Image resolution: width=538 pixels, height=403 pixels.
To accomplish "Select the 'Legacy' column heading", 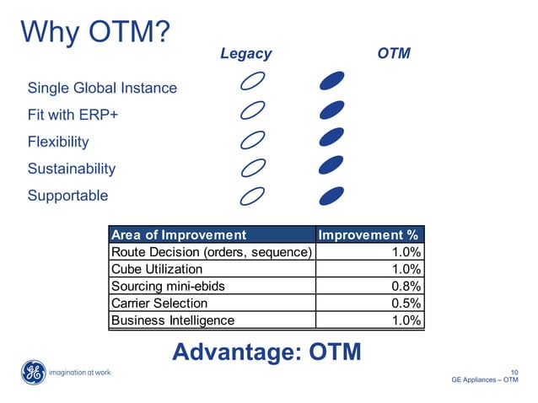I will click(x=245, y=54).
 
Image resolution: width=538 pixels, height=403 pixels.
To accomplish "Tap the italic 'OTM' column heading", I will click(x=394, y=54).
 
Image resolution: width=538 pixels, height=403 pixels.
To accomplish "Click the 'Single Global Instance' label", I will click(x=102, y=88).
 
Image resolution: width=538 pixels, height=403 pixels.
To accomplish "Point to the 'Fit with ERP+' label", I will click(x=79, y=115).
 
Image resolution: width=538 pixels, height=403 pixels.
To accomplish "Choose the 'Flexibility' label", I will click(x=58, y=142).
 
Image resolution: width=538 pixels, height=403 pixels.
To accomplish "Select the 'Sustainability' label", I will click(x=72, y=169).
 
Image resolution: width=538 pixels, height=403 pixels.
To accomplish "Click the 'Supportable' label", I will click(x=68, y=196).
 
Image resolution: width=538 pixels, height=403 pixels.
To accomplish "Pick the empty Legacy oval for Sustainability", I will click(x=253, y=168).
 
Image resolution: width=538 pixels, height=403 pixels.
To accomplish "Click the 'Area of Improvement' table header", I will click(x=180, y=234).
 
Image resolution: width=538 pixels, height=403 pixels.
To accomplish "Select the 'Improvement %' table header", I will click(x=369, y=234).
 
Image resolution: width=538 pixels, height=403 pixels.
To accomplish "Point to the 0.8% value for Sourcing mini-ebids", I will click(x=406, y=286).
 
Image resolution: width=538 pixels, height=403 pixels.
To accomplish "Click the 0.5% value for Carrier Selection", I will click(x=406, y=303).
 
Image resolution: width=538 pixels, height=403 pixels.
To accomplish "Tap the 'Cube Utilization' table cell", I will click(x=157, y=269).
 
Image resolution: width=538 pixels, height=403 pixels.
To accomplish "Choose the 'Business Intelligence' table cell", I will click(x=173, y=320).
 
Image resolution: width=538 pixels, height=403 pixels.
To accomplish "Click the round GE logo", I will click(x=34, y=372).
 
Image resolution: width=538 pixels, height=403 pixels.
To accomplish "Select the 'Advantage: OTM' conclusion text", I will click(x=266, y=352).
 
